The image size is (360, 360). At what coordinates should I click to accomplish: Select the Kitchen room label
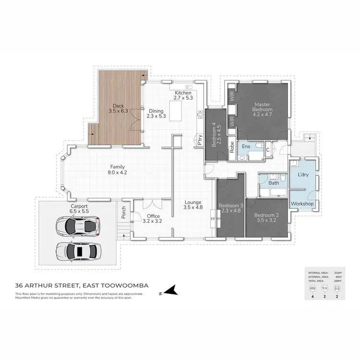[183, 95]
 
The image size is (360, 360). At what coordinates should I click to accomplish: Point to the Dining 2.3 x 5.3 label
[156, 113]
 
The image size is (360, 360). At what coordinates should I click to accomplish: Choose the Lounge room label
[192, 205]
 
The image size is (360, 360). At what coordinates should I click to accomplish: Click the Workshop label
[302, 204]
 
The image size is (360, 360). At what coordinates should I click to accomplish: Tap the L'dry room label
[302, 175]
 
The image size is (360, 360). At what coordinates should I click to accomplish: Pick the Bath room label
[274, 183]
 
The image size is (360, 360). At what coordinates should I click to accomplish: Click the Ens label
[246, 146]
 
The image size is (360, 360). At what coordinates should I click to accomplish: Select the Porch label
[123, 213]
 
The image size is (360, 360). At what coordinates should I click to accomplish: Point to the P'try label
[199, 140]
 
